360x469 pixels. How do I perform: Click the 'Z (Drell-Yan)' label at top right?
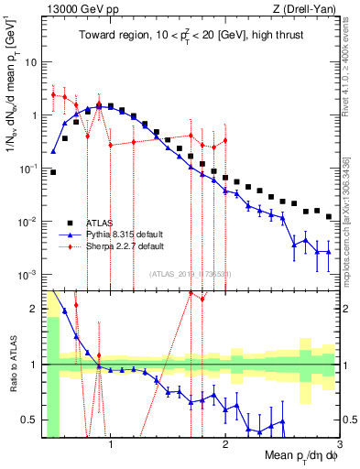coord(308,7)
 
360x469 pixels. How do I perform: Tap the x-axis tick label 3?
coord(339,446)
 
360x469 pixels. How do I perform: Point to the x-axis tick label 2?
coord(224,446)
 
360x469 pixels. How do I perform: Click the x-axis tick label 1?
coord(110,446)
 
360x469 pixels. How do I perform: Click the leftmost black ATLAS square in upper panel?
coord(53,171)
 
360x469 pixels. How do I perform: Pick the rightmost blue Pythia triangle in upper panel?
coord(328,252)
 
